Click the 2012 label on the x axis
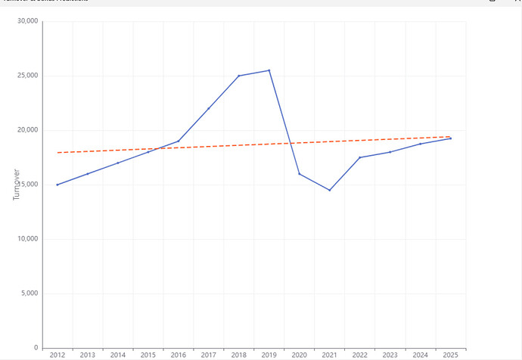coord(57,355)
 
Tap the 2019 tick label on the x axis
coord(269,355)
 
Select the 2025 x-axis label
coord(450,355)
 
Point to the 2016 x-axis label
coord(178,355)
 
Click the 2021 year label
coord(329,355)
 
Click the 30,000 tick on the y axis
coord(27,21)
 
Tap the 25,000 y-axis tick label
coord(27,76)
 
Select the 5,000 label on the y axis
coord(30,293)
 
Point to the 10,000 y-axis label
coord(27,239)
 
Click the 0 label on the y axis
coord(36,348)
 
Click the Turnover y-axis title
coord(16,185)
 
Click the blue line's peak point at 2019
coord(269,70)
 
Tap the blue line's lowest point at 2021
coord(329,190)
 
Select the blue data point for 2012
coord(57,185)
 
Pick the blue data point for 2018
coord(238,76)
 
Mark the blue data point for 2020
coord(299,174)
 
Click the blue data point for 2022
coord(359,157)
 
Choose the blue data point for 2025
coord(450,138)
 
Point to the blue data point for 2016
coord(178,141)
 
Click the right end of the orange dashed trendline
coord(451,137)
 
